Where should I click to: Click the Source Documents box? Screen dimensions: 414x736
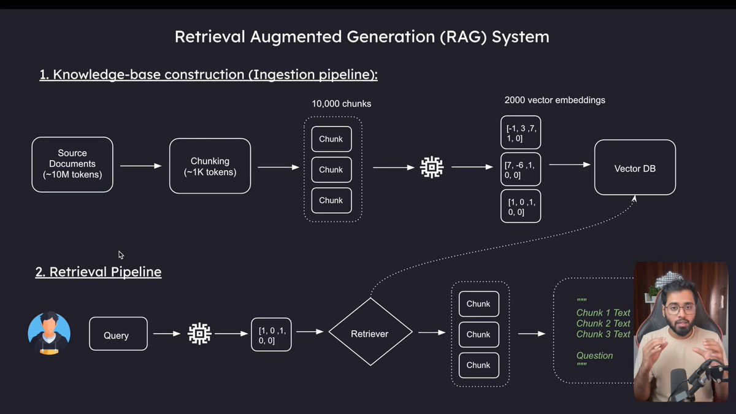tap(72, 164)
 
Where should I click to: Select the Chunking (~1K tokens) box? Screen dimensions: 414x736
tap(210, 166)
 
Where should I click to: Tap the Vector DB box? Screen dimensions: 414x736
tap(635, 168)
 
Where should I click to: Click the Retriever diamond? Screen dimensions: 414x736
tap(370, 334)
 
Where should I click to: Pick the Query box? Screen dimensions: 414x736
tap(118, 334)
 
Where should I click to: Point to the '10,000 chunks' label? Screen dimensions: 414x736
tap(341, 104)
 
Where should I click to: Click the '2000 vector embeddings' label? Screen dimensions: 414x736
tap(554, 100)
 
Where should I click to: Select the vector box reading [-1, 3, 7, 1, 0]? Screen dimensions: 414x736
tap(521, 132)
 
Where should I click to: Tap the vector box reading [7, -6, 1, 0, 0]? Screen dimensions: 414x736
tap(521, 169)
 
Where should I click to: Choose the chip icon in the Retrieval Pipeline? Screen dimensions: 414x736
tap(199, 334)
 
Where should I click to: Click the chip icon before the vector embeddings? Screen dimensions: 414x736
tap(432, 167)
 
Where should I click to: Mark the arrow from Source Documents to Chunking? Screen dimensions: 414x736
tap(140, 166)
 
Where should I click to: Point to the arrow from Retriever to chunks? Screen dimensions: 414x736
tap(432, 333)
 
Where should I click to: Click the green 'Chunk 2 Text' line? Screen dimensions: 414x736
tap(603, 323)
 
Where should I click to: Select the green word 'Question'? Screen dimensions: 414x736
tap(594, 355)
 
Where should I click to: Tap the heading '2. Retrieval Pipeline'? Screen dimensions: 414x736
tap(98, 272)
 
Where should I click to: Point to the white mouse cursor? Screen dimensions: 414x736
tap(121, 255)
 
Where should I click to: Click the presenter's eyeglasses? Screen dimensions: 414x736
tap(679, 307)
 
